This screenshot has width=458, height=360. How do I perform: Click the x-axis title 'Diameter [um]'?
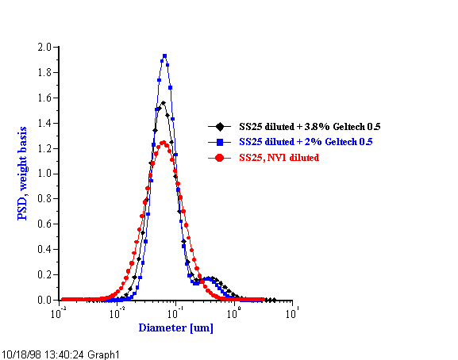pyautogui.click(x=175, y=327)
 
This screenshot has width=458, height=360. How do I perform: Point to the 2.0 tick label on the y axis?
pyautogui.click(x=45, y=48)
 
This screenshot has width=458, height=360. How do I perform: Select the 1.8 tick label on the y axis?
pyautogui.click(x=45, y=73)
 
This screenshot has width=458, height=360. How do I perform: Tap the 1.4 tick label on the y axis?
pyautogui.click(x=45, y=124)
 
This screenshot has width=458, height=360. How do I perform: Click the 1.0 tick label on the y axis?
pyautogui.click(x=45, y=174)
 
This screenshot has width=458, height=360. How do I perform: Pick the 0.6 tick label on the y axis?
pyautogui.click(x=45, y=224)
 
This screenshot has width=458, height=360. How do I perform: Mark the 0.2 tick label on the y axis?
pyautogui.click(x=45, y=275)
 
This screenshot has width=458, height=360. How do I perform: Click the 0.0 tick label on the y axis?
pyautogui.click(x=45, y=301)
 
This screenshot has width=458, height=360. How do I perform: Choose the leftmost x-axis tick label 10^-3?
pyautogui.click(x=59, y=313)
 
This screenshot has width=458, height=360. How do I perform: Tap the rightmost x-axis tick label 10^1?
pyautogui.click(x=291, y=313)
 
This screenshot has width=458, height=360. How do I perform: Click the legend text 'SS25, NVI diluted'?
pyautogui.click(x=279, y=158)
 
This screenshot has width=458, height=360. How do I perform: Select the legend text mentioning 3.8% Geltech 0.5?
pyautogui.click(x=306, y=126)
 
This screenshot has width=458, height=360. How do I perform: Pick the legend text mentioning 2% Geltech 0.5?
pyautogui.click(x=306, y=141)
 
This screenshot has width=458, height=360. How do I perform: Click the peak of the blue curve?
pyautogui.click(x=164, y=56)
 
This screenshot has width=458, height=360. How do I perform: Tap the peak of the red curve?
pyautogui.click(x=163, y=143)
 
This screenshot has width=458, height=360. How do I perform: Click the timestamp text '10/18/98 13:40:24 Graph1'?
pyautogui.click(x=61, y=353)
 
